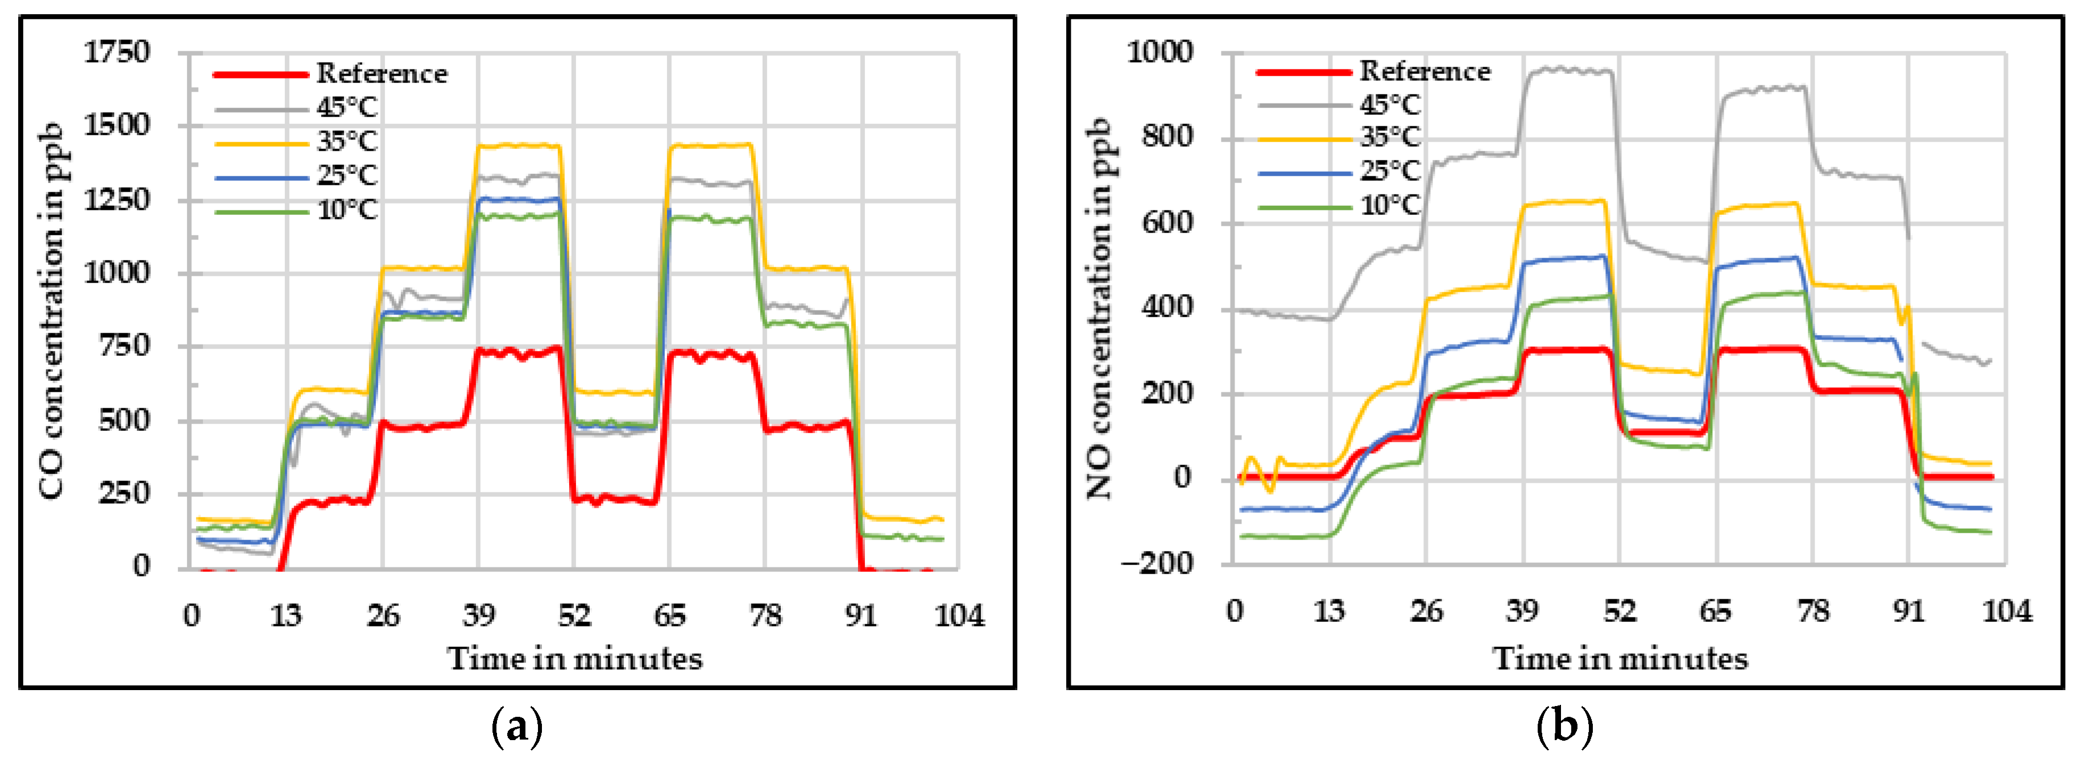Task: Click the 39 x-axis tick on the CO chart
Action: click(479, 616)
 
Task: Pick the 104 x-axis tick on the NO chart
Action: click(2006, 611)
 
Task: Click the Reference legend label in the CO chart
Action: click(382, 74)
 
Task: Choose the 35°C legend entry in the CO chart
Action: click(347, 142)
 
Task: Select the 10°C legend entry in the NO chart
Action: click(1390, 206)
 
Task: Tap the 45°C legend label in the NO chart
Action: click(1390, 105)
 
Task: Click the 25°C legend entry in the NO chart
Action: click(1390, 171)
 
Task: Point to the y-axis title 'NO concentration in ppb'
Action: click(1099, 308)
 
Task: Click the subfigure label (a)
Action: click(517, 726)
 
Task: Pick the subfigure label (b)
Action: click(1564, 726)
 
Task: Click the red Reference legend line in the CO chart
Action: click(261, 74)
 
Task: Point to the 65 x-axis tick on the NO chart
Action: click(1715, 611)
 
